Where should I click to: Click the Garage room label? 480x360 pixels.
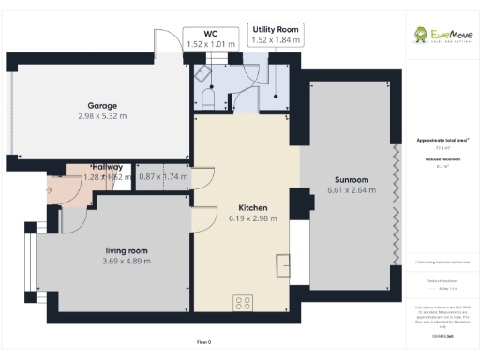click(x=101, y=105)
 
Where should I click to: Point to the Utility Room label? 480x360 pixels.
click(x=277, y=30)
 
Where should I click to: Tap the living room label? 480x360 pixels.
click(x=127, y=250)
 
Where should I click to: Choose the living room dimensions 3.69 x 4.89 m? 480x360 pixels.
click(x=127, y=261)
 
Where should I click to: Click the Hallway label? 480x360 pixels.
click(x=108, y=166)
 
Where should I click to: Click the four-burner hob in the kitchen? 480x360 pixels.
click(x=244, y=302)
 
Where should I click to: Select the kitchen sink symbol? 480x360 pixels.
click(x=283, y=265)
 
